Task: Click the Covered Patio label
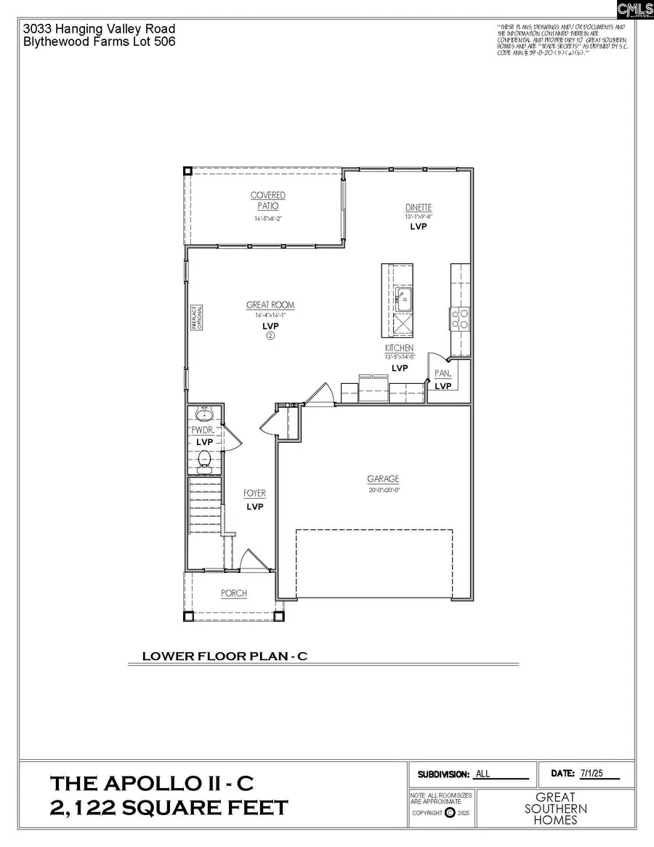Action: pyautogui.click(x=268, y=201)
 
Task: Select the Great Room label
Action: pyautogui.click(x=270, y=305)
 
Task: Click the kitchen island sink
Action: pyautogui.click(x=403, y=297)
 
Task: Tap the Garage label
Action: pyautogui.click(x=383, y=479)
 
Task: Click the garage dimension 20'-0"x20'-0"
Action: pyautogui.click(x=383, y=490)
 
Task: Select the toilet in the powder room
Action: pyautogui.click(x=205, y=459)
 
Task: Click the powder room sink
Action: pyautogui.click(x=203, y=415)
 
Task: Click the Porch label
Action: pyautogui.click(x=234, y=593)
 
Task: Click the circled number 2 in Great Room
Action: pyautogui.click(x=270, y=336)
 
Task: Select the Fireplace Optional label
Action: pyautogui.click(x=194, y=318)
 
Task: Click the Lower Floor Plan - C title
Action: pyautogui.click(x=225, y=656)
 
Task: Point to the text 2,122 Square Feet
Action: pyautogui.click(x=169, y=808)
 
